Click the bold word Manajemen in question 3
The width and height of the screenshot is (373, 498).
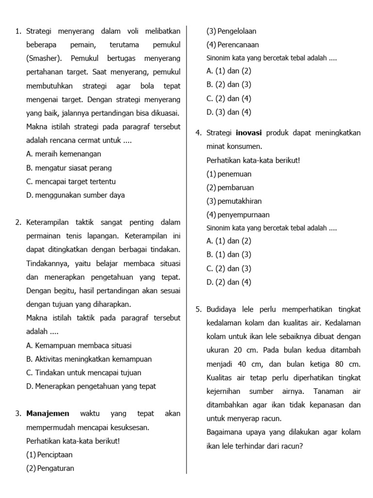(x=48, y=414)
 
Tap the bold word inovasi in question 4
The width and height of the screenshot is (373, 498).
(x=249, y=133)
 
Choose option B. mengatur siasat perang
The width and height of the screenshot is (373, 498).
(x=69, y=168)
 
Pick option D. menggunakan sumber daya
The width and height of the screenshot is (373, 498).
(x=75, y=196)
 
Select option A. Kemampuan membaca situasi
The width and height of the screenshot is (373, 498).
(x=79, y=346)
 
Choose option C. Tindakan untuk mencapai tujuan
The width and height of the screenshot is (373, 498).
(x=84, y=373)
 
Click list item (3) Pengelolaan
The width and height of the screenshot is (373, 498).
(x=231, y=31)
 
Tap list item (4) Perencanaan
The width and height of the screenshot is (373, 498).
(x=232, y=45)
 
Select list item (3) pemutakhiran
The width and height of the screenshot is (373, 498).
(x=234, y=201)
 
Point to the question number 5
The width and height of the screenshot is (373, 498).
(x=199, y=309)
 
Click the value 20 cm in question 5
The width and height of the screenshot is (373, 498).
(x=242, y=350)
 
